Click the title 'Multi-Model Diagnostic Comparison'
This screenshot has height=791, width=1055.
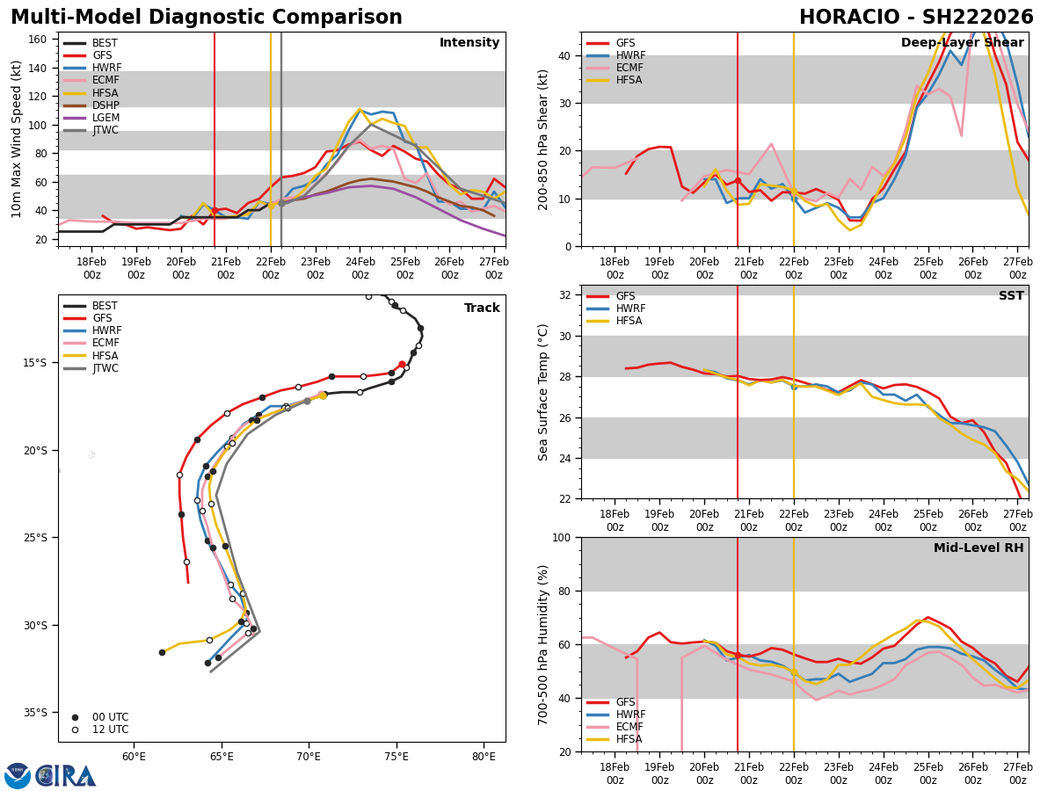pyautogui.click(x=207, y=18)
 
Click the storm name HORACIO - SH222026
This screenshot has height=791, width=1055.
pyautogui.click(x=916, y=18)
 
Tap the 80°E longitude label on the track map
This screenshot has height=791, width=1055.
pyautogui.click(x=484, y=756)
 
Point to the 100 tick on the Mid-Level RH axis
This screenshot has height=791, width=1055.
pyautogui.click(x=564, y=537)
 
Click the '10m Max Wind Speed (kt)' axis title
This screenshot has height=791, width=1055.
pyautogui.click(x=16, y=139)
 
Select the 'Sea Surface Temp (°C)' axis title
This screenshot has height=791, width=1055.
pyautogui.click(x=544, y=392)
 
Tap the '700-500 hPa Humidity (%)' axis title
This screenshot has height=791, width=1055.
pyautogui.click(x=544, y=644)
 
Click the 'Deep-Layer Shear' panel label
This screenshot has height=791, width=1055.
pyautogui.click(x=962, y=43)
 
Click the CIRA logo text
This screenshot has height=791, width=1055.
pyautogui.click(x=66, y=775)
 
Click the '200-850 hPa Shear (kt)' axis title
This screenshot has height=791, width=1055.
pyautogui.click(x=544, y=139)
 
